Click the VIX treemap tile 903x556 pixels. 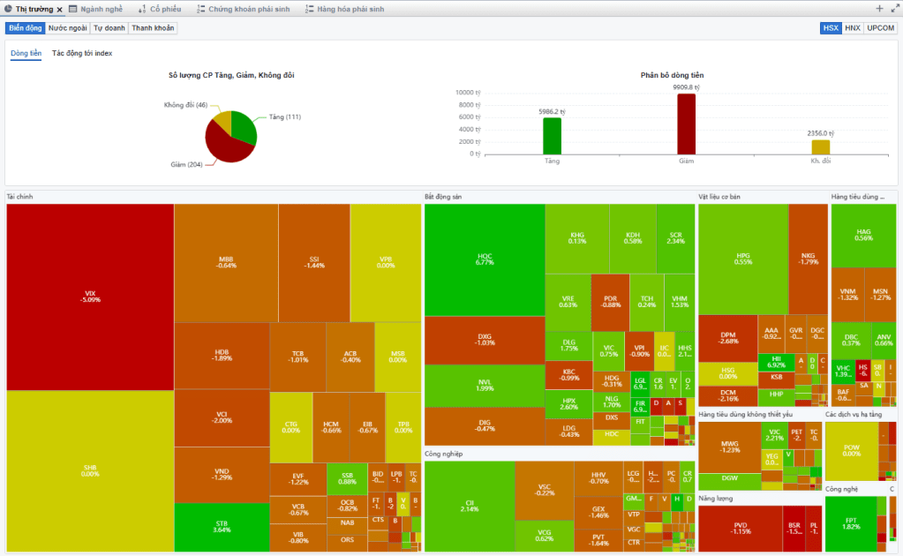point(90,296)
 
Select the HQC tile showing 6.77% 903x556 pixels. point(484,259)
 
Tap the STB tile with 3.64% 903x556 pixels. point(222,527)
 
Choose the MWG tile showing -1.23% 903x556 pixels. point(729,447)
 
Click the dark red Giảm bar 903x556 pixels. point(686,124)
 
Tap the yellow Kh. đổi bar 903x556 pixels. point(821,147)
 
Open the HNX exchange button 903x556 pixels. point(852,28)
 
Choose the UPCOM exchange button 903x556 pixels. point(880,28)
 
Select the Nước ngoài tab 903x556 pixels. point(67,28)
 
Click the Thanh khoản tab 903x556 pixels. point(153,28)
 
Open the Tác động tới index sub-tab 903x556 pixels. point(82,53)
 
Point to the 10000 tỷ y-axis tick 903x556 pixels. point(466,92)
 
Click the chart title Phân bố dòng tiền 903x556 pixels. point(672,75)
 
